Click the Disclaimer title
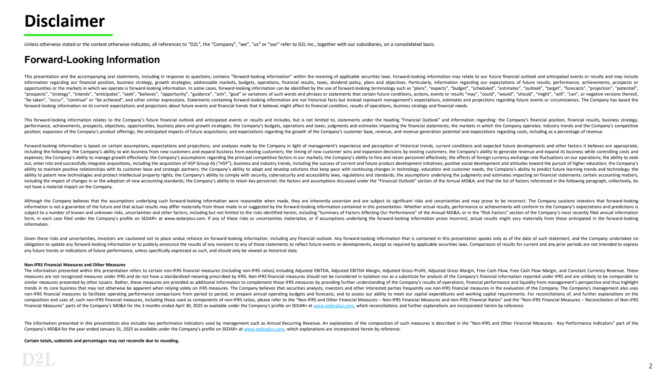click(64, 21)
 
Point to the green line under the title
click(68, 35)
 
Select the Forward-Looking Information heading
click(92, 60)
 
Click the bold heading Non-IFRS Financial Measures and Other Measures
click(75, 265)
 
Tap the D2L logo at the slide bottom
click(38, 359)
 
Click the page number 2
click(650, 366)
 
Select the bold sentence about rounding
click(101, 341)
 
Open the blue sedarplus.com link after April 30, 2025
click(333, 305)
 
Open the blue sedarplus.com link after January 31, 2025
click(264, 329)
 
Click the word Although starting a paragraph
click(34, 201)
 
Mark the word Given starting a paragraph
click(30, 238)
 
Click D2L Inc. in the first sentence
click(306, 44)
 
